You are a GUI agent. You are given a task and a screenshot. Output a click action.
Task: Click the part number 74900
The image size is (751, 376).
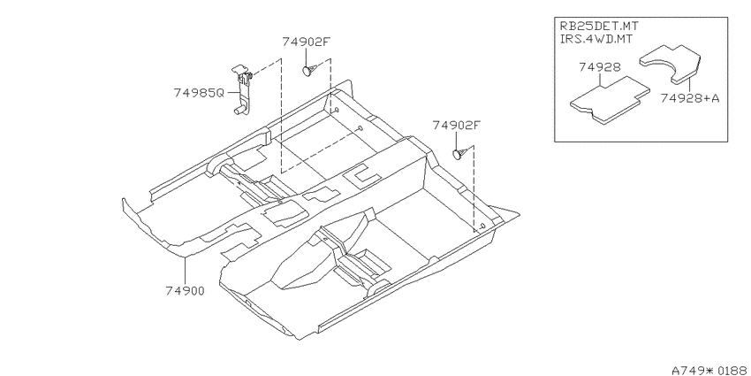pyautogui.click(x=186, y=291)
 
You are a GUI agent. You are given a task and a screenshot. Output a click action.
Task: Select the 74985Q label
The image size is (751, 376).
pyautogui.click(x=199, y=93)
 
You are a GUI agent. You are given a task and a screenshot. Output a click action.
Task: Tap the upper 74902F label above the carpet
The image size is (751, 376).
pyautogui.click(x=307, y=42)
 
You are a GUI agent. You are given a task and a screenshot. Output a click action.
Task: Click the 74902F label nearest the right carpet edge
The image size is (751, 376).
pyautogui.click(x=457, y=125)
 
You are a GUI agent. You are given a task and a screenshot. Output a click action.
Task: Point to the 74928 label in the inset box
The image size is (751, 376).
pyautogui.click(x=599, y=67)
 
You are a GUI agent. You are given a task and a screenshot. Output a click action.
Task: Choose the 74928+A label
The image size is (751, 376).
pyautogui.click(x=689, y=98)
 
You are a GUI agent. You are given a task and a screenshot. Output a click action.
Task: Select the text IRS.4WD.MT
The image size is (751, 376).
pyautogui.click(x=595, y=39)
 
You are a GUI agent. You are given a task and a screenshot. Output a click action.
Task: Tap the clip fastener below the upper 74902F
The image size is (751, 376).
pyautogui.click(x=308, y=70)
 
